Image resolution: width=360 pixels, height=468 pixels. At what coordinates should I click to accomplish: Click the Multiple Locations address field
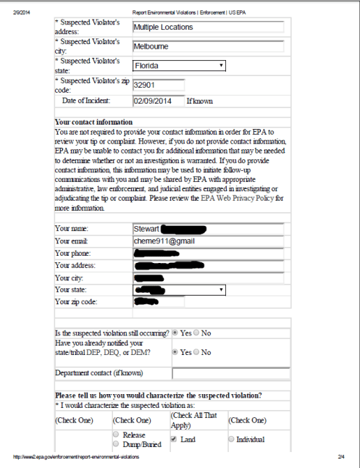(207, 27)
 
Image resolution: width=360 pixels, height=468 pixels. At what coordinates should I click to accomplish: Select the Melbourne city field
(207, 46)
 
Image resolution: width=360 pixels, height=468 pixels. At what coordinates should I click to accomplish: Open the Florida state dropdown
(179, 66)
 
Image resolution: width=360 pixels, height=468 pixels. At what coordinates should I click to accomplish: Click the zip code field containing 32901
(158, 84)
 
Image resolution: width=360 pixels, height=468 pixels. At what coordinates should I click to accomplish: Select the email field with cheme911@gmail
(207, 241)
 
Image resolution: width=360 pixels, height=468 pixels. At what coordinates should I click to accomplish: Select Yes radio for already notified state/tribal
(175, 352)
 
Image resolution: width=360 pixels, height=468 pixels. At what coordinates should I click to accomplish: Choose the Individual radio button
(232, 439)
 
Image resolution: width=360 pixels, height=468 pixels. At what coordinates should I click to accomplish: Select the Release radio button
(116, 435)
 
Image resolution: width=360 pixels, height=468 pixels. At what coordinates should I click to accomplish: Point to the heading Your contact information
(93, 122)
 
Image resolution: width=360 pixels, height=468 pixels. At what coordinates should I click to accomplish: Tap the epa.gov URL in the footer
(76, 459)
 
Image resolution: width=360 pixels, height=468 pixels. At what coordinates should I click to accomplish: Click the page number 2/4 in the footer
(341, 459)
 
